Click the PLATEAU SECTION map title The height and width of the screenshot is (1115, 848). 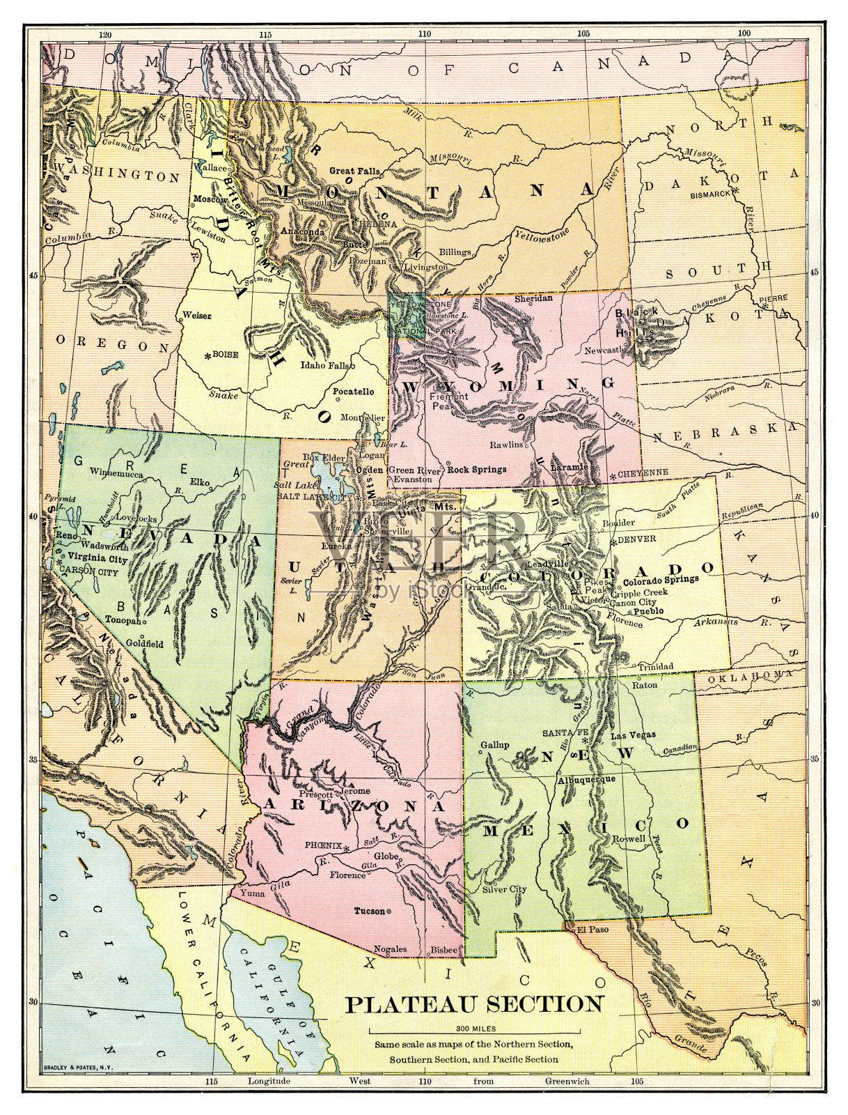pyautogui.click(x=475, y=1004)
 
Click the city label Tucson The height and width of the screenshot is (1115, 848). pyautogui.click(x=370, y=911)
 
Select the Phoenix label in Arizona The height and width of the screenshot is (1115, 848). pyautogui.click(x=323, y=845)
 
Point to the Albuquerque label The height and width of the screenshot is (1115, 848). pyautogui.click(x=586, y=779)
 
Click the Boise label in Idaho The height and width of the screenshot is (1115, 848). pyautogui.click(x=225, y=355)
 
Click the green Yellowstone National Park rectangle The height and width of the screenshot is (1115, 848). pyautogui.click(x=406, y=316)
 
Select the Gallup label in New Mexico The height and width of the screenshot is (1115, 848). pyautogui.click(x=495, y=745)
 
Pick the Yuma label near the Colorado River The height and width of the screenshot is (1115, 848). pyautogui.click(x=252, y=892)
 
